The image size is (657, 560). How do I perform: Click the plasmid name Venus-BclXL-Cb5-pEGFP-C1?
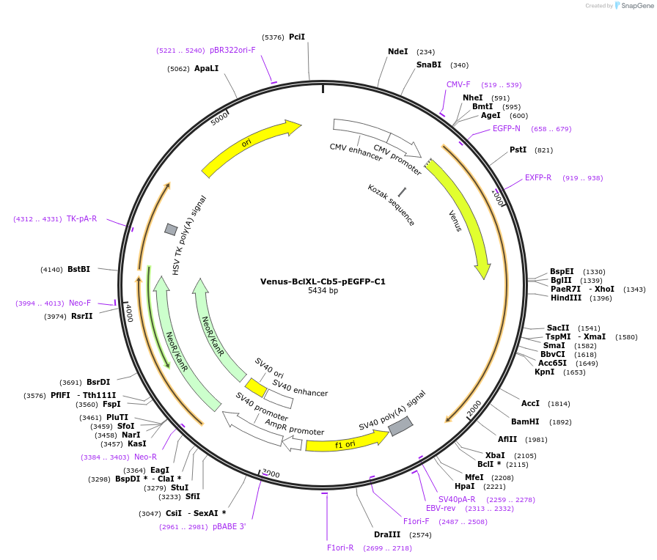click(323, 281)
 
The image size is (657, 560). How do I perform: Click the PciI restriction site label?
click(297, 37)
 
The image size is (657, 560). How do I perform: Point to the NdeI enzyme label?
click(397, 51)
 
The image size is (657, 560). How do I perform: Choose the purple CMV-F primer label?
click(458, 84)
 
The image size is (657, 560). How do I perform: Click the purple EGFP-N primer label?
click(507, 128)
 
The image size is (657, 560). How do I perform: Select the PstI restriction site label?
click(518, 150)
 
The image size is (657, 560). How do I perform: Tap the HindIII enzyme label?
click(565, 298)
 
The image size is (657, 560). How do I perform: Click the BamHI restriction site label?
click(525, 421)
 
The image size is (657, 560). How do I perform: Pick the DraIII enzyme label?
click(388, 534)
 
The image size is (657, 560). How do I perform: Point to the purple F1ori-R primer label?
click(340, 548)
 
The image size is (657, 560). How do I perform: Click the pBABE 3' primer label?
click(230, 526)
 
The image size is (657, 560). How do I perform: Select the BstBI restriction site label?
click(78, 269)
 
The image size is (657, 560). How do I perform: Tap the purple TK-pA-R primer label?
click(82, 218)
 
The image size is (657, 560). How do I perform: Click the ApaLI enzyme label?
click(206, 68)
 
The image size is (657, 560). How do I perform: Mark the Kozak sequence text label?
click(392, 205)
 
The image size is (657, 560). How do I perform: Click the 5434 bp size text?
click(323, 291)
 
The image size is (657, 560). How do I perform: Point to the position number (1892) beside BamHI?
click(560, 422)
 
